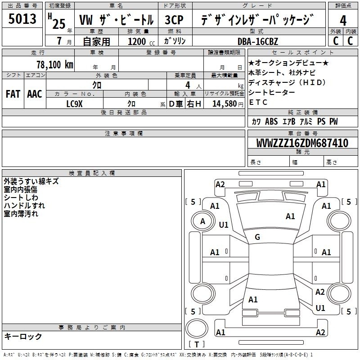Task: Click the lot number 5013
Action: pyautogui.click(x=22, y=19)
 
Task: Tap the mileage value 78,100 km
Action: pyautogui.click(x=55, y=65)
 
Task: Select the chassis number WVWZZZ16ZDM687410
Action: pyautogui.click(x=302, y=143)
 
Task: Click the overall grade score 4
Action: pyautogui.click(x=343, y=21)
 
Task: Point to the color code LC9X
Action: pyautogui.click(x=74, y=104)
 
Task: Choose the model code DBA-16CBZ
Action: pyautogui.click(x=258, y=41)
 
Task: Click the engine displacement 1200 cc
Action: pyautogui.click(x=141, y=41)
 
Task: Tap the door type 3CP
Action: pyautogui.click(x=174, y=20)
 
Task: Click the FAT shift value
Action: pyautogui.click(x=13, y=94)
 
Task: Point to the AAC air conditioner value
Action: pyautogui.click(x=35, y=94)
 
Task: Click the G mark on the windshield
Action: pyautogui.click(x=257, y=237)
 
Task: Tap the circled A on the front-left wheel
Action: pyautogui.click(x=202, y=221)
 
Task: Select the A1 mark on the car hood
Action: pyautogui.click(x=290, y=216)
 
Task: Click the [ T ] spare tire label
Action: pyautogui.click(x=197, y=344)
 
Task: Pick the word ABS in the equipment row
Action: pyautogui.click(x=271, y=121)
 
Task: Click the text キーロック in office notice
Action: pyautogui.click(x=23, y=336)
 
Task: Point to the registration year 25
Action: pyautogui.click(x=59, y=24)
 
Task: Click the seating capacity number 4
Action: pyautogui.click(x=188, y=85)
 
